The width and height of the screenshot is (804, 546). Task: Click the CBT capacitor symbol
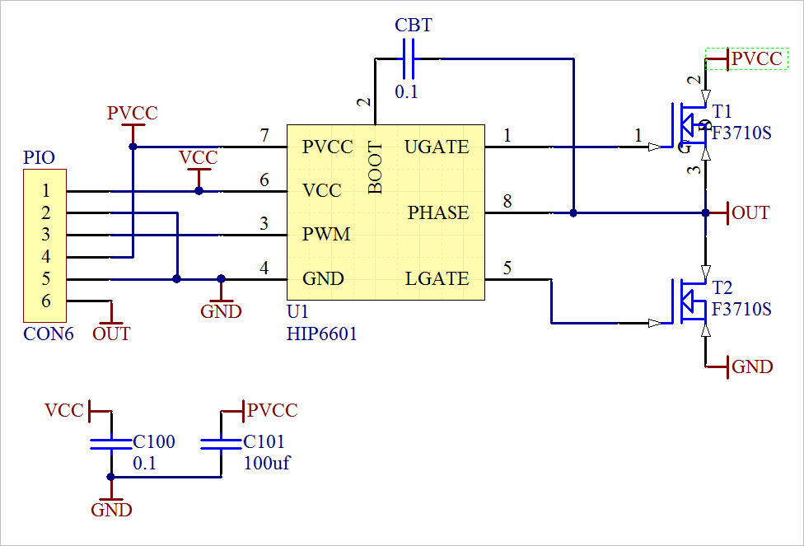point(409,59)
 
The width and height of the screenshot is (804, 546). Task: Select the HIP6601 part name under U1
point(321,334)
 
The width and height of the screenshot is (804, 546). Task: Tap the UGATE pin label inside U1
point(437,147)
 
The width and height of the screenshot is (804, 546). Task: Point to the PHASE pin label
point(438,212)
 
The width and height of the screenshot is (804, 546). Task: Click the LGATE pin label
point(437,279)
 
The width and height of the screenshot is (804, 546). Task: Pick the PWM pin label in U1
point(326,234)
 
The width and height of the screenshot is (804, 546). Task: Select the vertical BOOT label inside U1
point(376,168)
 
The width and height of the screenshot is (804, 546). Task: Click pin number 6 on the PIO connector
point(46,301)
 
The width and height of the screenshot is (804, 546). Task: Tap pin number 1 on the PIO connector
point(46,191)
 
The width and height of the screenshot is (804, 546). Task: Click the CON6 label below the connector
point(49,334)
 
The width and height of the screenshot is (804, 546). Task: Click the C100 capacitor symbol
point(110,444)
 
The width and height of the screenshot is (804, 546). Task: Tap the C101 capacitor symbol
point(221,444)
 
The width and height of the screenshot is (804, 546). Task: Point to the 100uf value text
point(267,463)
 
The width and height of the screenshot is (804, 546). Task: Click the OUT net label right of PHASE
point(750,212)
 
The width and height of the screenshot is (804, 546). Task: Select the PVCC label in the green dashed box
point(757,59)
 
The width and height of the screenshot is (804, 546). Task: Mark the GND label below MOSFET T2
point(752,366)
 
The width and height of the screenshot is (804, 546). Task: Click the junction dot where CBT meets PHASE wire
point(573,212)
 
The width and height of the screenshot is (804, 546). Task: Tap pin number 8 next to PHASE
point(507,202)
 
